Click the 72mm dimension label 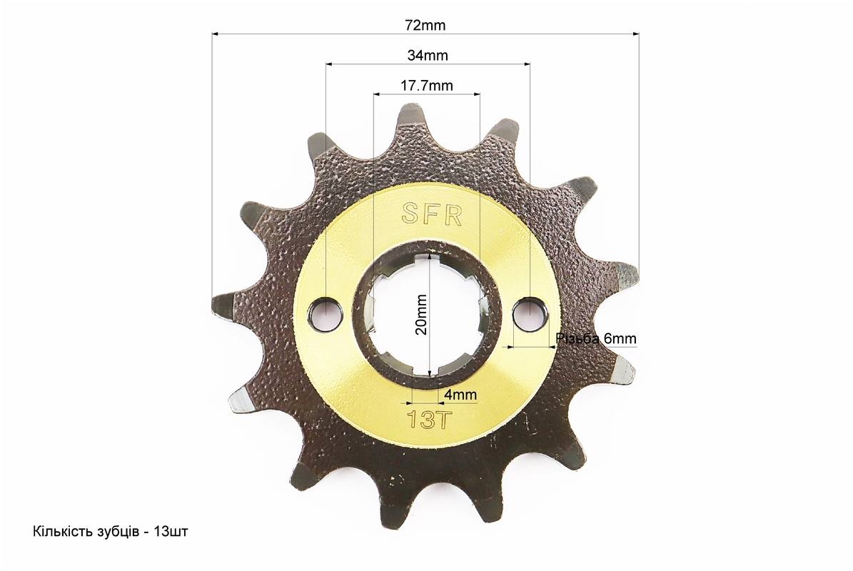click(x=425, y=25)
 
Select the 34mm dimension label click(x=428, y=55)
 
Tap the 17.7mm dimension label click(x=427, y=86)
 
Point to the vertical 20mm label click(x=420, y=315)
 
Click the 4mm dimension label click(x=460, y=394)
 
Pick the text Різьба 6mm click(x=596, y=339)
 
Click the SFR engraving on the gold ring click(x=432, y=214)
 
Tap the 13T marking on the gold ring click(x=427, y=419)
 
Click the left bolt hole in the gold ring click(x=325, y=314)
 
